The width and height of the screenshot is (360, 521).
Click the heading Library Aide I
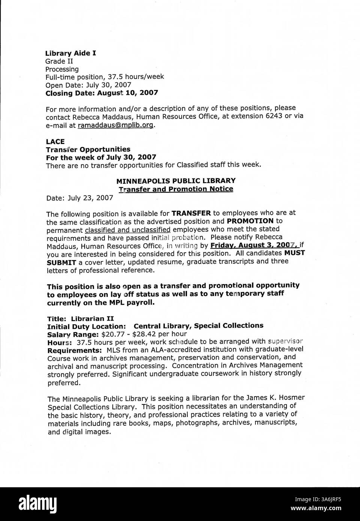pos(70,53)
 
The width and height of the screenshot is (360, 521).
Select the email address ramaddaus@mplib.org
pos(116,125)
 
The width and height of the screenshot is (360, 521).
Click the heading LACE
pos(55,141)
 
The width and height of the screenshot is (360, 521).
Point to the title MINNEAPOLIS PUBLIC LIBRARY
pos(176,181)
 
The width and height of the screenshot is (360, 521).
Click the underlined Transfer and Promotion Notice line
pos(176,189)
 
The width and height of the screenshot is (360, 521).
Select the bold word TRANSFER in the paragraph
pos(191,213)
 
